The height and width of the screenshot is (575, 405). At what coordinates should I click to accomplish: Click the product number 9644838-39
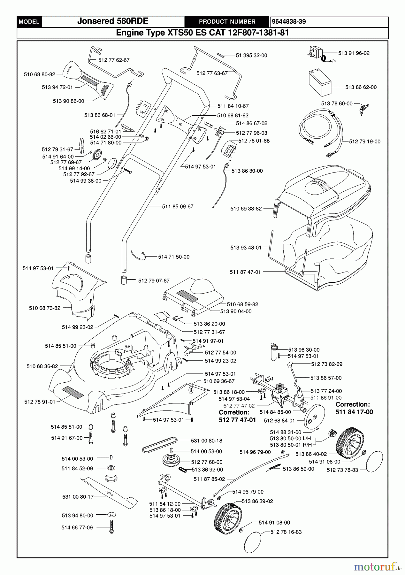pos(289,21)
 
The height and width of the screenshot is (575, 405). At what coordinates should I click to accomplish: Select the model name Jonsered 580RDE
pos(113,21)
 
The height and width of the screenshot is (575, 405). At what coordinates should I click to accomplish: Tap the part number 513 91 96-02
pos(354,53)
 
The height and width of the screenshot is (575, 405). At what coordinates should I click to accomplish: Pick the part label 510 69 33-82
pos(246,209)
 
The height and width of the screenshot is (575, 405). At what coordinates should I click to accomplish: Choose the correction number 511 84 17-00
pos(354,412)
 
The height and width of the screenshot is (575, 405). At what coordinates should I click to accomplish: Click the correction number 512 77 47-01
pos(237,420)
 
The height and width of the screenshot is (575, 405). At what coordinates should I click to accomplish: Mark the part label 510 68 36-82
pos(42,366)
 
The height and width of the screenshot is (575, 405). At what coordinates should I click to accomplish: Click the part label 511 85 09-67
pos(178,207)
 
